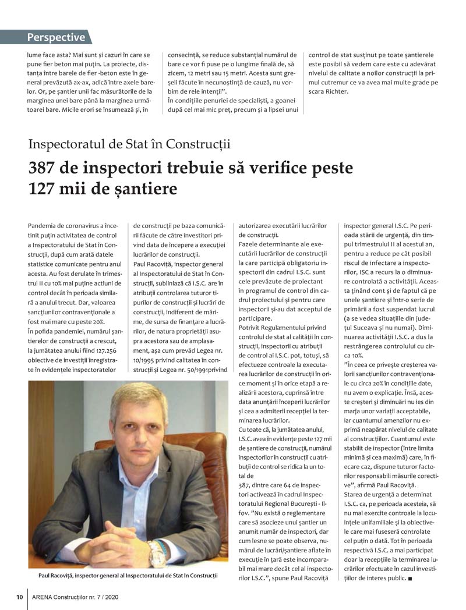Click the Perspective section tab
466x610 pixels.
pos(56,38)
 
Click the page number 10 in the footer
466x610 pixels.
pos(19,597)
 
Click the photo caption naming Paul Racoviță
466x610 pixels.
pos(128,576)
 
